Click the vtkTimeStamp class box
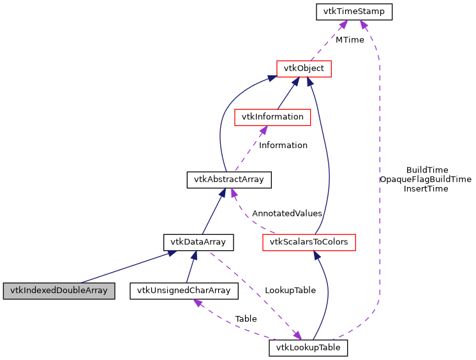point(354,11)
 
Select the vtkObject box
point(303,68)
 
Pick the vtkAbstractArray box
point(228,180)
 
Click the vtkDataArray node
point(198,242)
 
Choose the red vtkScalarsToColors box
point(309,242)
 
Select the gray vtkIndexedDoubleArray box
point(59,291)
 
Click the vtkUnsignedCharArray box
point(184,291)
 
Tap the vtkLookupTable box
point(308,348)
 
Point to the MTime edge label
point(350,40)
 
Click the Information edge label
point(283,146)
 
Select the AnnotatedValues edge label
point(286,213)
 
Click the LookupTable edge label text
point(290,290)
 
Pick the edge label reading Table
point(246,319)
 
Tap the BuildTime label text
point(427,170)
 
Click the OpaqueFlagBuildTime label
point(425,179)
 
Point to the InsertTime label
point(426,189)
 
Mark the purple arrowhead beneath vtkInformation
point(261,130)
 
